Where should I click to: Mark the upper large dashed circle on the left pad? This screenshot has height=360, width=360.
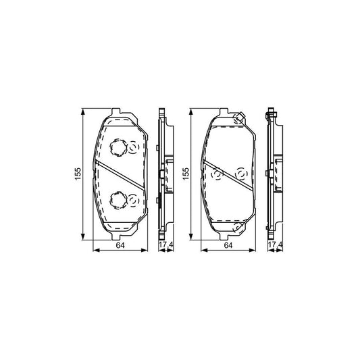coord(118,147)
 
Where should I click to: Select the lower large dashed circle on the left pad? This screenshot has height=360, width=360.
coord(118,199)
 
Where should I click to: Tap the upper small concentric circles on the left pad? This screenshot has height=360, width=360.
coord(133,146)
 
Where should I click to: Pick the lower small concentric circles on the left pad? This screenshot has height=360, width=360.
coord(133,199)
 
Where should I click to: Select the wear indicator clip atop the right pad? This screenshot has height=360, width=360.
coord(238,119)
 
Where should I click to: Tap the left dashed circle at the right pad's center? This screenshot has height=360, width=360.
coord(217,175)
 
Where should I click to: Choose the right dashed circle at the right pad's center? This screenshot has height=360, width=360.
coord(239,174)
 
